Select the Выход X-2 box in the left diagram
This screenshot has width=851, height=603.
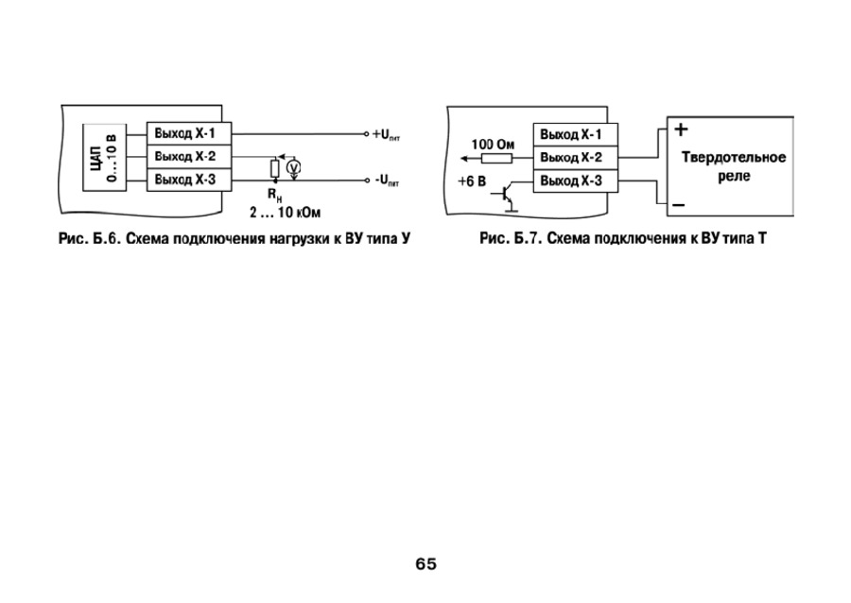point(187,156)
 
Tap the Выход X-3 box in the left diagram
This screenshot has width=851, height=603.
point(187,178)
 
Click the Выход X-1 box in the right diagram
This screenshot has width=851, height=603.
point(574,134)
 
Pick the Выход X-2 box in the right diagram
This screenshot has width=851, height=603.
point(574,157)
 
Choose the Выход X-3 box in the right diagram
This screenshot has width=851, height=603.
point(574,180)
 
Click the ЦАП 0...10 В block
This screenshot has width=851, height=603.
point(103,157)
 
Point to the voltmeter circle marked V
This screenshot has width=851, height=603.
point(294,166)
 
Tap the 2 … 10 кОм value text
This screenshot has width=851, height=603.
point(279,211)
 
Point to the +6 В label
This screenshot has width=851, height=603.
point(471,179)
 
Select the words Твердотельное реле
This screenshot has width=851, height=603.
point(734,166)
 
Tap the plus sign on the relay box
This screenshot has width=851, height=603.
point(681,129)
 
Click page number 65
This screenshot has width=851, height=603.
point(425,564)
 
